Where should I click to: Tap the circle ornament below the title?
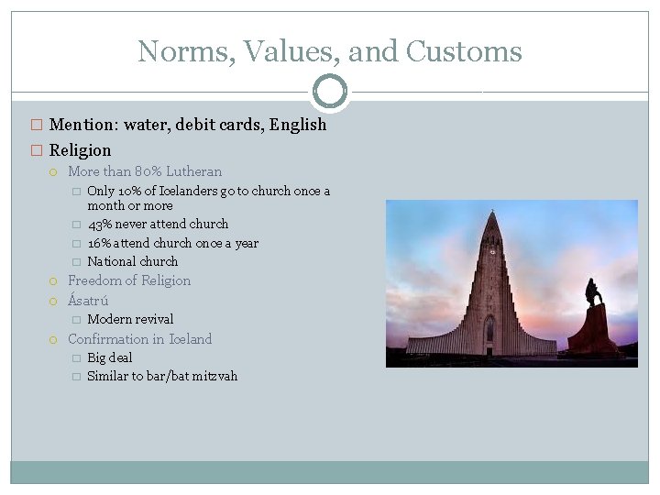pyautogui.click(x=330, y=92)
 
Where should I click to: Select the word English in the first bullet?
pyautogui.click(x=298, y=125)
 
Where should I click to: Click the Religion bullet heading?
pyautogui.click(x=80, y=150)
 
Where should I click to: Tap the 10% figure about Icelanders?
pyautogui.click(x=126, y=191)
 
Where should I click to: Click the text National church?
pyautogui.click(x=132, y=261)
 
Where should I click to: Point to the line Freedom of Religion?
pyautogui.click(x=129, y=280)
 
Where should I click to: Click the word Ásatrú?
pyautogui.click(x=88, y=300)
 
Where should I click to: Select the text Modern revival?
pyautogui.click(x=129, y=319)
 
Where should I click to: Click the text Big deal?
pyautogui.click(x=109, y=357)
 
